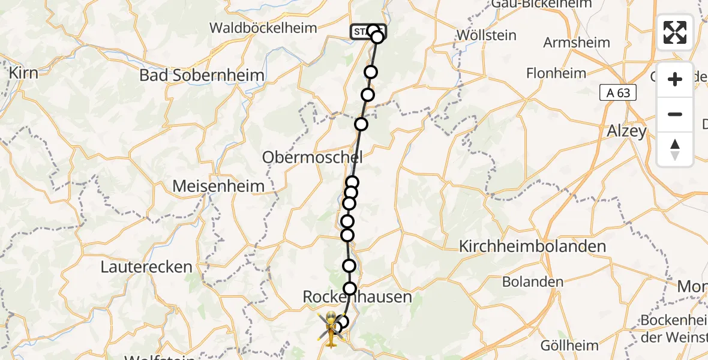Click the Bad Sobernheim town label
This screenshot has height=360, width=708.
pyautogui.click(x=202, y=76)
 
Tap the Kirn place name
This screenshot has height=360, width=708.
pyautogui.click(x=23, y=73)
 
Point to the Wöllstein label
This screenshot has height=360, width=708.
pyautogui.click(x=486, y=35)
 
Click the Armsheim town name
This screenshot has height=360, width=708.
pyautogui.click(x=576, y=43)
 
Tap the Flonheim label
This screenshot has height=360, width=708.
pyautogui.click(x=556, y=73)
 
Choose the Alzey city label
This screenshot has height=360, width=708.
pyautogui.click(x=626, y=131)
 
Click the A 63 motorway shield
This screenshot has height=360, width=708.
pyautogui.click(x=617, y=92)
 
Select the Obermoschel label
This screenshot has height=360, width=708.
pyautogui.click(x=312, y=158)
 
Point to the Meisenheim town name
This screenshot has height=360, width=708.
pyautogui.click(x=218, y=187)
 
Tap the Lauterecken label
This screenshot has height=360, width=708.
pyautogui.click(x=146, y=267)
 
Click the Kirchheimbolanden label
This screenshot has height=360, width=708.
pyautogui.click(x=532, y=246)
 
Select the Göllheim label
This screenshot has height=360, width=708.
pyautogui.click(x=569, y=345)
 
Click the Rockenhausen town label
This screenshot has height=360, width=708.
pyautogui.click(x=357, y=297)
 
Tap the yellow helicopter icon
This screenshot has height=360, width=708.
pyautogui.click(x=331, y=329)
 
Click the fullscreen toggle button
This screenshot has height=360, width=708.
pyautogui.click(x=675, y=32)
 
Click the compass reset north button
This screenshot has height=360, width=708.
pyautogui.click(x=675, y=149)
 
